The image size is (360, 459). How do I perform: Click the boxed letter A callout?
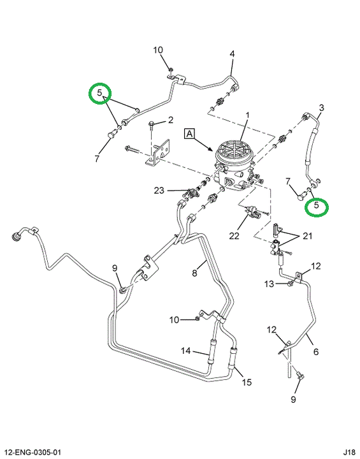pyautogui.click(x=190, y=133)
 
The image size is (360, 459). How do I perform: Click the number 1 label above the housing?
pyautogui.click(x=248, y=115)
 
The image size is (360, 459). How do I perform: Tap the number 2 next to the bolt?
pyautogui.click(x=171, y=120)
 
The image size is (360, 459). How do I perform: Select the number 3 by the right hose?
pyautogui.click(x=321, y=108)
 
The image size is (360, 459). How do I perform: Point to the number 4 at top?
pyautogui.click(x=232, y=54)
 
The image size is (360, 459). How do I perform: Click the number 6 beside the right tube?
pyautogui.click(x=316, y=351)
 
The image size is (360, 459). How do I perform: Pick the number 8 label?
pyautogui.click(x=194, y=273)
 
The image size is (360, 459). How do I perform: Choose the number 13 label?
pyautogui.click(x=270, y=284)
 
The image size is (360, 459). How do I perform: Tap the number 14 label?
pyautogui.click(x=185, y=351)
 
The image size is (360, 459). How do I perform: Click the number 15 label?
pyautogui.click(x=247, y=382)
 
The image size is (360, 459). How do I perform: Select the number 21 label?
pyautogui.click(x=307, y=236)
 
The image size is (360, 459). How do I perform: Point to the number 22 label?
pyautogui.click(x=234, y=236)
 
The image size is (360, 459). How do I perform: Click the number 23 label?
pyautogui.click(x=159, y=191)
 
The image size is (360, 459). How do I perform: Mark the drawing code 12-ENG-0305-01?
pyautogui.click(x=32, y=453)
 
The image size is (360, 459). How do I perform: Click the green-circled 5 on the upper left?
pyautogui.click(x=100, y=93)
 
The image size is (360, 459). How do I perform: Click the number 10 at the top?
pyautogui.click(x=158, y=50)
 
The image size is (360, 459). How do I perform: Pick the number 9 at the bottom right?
pyautogui.click(x=294, y=399)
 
